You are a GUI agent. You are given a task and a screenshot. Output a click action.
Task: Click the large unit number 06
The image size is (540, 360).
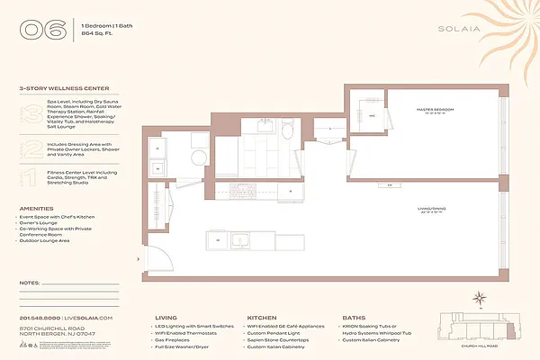click(43, 29)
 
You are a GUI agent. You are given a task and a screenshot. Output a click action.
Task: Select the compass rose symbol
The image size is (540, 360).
click(481, 298)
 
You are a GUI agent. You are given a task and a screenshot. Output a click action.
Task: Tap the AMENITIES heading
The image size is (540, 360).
click(36, 208)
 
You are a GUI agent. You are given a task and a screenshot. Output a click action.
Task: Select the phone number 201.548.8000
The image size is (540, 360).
click(40, 318)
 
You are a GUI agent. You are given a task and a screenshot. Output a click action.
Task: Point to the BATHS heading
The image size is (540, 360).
click(353, 317)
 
